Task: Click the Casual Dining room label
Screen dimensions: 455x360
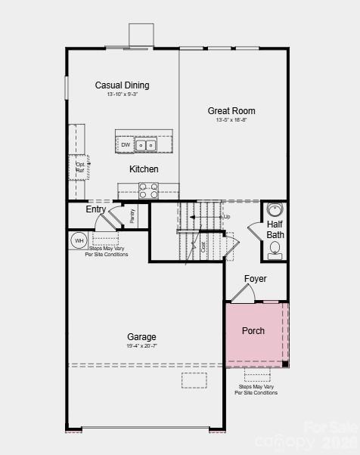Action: (x=122, y=85)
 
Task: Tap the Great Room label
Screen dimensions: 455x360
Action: (x=231, y=111)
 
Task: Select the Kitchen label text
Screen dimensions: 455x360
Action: (x=144, y=169)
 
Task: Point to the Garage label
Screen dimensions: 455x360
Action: (x=141, y=337)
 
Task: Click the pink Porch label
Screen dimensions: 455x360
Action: (x=253, y=331)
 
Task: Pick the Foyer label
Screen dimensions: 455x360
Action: (x=255, y=279)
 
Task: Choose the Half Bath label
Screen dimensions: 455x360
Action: (x=275, y=230)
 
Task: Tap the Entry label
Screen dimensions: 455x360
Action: (x=96, y=209)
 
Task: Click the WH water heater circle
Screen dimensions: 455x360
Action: (x=79, y=240)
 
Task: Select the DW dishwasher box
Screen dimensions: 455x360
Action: (x=126, y=144)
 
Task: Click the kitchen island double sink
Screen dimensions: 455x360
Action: (x=146, y=144)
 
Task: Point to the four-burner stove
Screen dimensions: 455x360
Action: (x=148, y=190)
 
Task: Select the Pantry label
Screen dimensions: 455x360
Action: (x=132, y=215)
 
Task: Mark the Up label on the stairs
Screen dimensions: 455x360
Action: (x=227, y=217)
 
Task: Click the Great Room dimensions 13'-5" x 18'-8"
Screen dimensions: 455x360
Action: (x=231, y=120)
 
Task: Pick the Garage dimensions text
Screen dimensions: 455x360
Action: (x=141, y=345)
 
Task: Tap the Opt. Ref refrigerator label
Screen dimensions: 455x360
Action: (x=80, y=167)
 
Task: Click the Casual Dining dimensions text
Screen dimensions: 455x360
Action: (x=122, y=94)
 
